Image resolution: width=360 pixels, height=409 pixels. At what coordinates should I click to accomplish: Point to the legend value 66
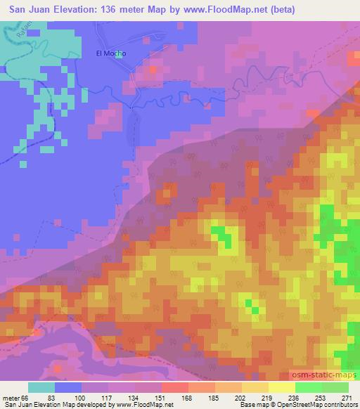coord(25,398)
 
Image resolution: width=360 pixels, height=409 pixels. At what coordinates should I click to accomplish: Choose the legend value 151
coord(161,398)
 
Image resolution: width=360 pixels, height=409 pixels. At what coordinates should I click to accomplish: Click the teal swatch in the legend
coord(41,387)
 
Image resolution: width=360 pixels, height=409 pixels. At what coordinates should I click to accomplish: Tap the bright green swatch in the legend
coord(309,387)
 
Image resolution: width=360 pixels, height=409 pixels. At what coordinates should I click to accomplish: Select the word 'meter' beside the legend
coord(11,398)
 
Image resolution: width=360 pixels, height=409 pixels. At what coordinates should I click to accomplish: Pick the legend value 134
coord(134,398)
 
